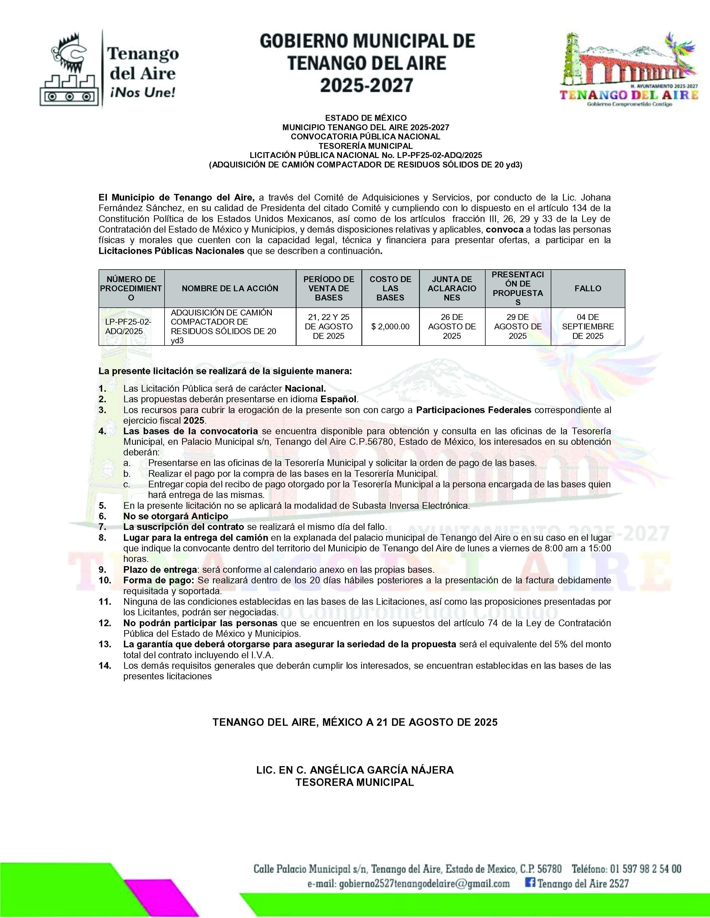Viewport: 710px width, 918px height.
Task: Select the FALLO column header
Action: point(587,288)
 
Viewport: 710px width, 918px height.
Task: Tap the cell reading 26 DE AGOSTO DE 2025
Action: point(452,327)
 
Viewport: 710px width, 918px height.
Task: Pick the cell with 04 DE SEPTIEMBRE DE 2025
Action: point(587,327)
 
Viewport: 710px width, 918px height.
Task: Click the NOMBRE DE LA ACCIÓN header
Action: point(230,288)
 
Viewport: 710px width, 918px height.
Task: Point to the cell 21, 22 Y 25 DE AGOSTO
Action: point(329,327)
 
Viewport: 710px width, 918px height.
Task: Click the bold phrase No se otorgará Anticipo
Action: point(175,516)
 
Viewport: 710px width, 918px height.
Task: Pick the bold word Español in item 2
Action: point(339,399)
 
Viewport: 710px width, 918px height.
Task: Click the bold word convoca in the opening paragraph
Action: point(505,229)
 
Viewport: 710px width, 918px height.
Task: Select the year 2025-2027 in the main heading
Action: point(366,85)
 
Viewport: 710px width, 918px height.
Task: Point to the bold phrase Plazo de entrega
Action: point(160,569)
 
